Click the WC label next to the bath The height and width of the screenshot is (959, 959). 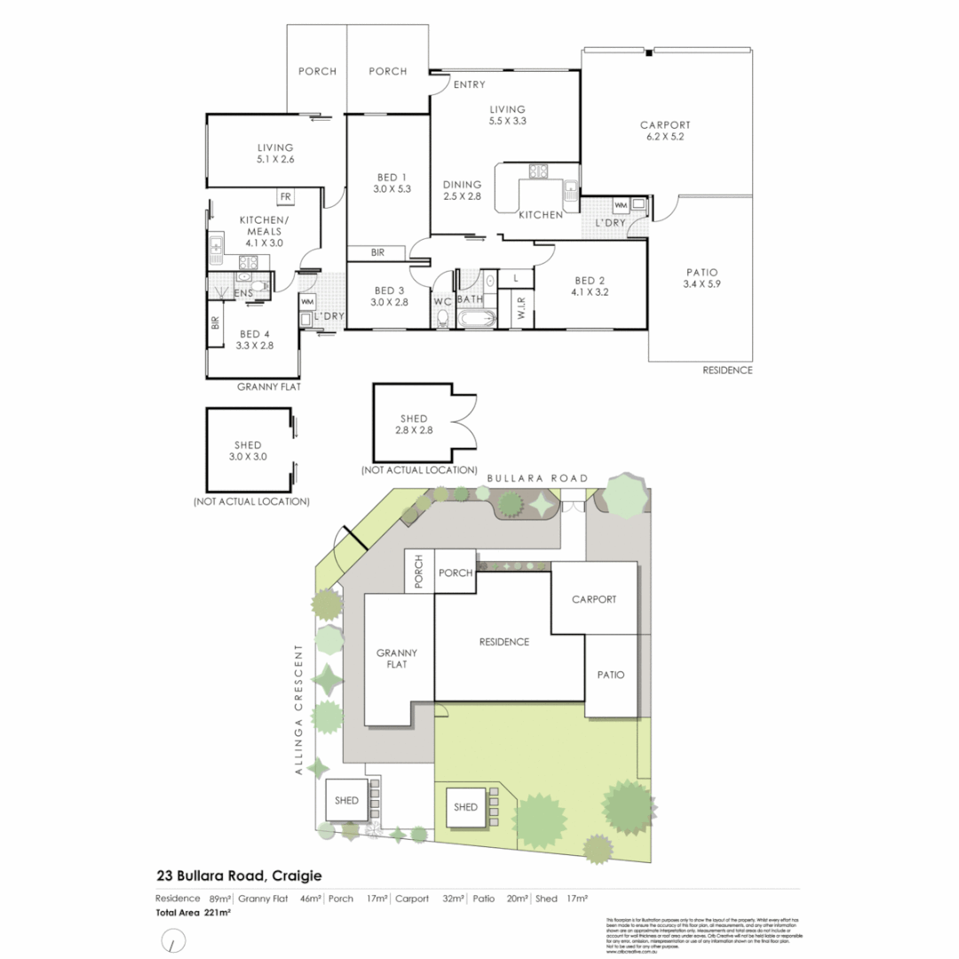point(442,301)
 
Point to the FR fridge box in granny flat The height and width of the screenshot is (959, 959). point(286,197)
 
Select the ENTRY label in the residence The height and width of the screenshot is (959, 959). point(469,85)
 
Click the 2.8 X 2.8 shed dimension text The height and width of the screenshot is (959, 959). point(414,430)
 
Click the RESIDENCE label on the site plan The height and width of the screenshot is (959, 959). point(503,642)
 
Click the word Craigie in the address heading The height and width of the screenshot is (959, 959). point(297,876)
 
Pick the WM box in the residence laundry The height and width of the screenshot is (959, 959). point(621,206)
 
